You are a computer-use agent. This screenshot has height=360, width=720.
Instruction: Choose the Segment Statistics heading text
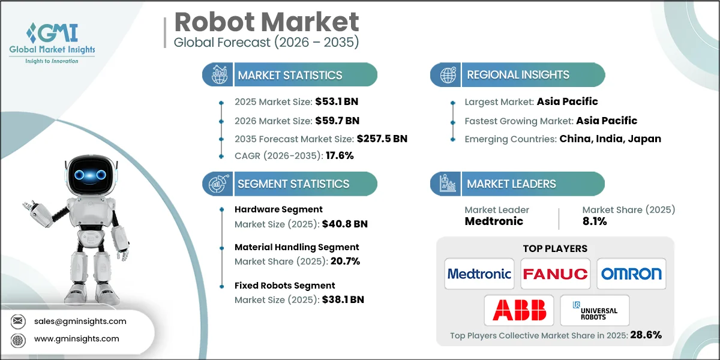coord(293,184)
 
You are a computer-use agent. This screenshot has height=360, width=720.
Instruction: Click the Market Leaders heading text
coord(511,184)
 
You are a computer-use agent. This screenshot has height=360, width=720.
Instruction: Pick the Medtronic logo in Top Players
coord(479,274)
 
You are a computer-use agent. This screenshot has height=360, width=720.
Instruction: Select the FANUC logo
coord(555,274)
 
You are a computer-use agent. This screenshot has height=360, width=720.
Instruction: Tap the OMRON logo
coord(631,274)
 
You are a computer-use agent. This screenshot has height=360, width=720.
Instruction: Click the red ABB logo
coord(519,310)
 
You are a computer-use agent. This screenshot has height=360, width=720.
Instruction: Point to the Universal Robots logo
coord(595,310)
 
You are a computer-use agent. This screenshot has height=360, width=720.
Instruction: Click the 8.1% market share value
coord(595,221)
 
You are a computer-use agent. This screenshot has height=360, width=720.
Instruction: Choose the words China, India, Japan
coord(610,139)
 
